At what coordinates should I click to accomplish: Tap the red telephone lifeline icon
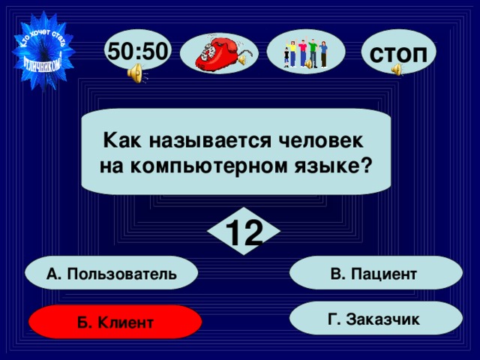pyautogui.click(x=220, y=54)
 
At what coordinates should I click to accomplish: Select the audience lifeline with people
pyautogui.click(x=305, y=52)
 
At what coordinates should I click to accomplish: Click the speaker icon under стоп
pyautogui.click(x=397, y=70)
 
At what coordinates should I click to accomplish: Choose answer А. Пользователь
pyautogui.click(x=111, y=274)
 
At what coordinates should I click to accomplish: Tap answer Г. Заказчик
pyautogui.click(x=373, y=319)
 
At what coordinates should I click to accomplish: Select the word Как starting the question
pyautogui.click(x=118, y=140)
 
